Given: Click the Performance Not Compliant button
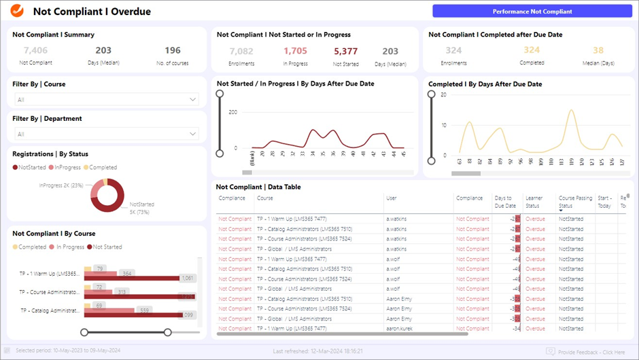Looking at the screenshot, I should [x=532, y=11].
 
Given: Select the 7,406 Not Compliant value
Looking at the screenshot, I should [x=35, y=50].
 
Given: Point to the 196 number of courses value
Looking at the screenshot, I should [x=173, y=50].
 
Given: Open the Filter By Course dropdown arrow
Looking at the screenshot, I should [x=192, y=100].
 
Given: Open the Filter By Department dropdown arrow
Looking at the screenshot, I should [x=192, y=134].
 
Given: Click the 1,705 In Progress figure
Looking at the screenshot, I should [x=295, y=51].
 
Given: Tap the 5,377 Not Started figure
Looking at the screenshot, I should [x=345, y=51].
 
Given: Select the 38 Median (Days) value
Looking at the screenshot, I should [x=598, y=50].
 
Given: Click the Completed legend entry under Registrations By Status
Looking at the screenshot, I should [x=102, y=167].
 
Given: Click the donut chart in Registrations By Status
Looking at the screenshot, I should [x=107, y=195].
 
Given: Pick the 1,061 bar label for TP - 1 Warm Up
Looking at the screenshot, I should [x=188, y=278].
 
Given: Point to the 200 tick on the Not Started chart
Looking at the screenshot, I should [x=232, y=112].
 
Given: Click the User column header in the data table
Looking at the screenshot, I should [x=392, y=198].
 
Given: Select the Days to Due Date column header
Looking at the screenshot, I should [x=505, y=202].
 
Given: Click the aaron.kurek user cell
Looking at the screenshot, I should [x=401, y=329].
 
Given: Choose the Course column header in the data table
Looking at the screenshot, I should [x=265, y=198].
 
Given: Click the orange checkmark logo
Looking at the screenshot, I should [x=17, y=11].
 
